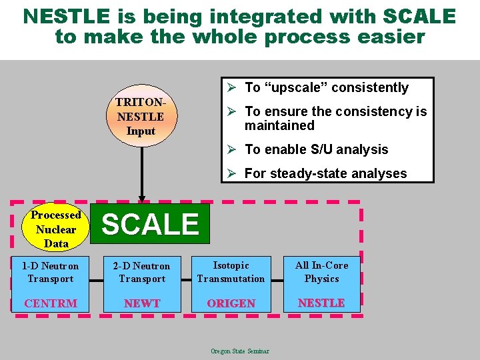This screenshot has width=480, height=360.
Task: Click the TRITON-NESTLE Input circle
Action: tap(141, 117)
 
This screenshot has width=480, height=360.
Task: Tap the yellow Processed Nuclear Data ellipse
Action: tap(56, 229)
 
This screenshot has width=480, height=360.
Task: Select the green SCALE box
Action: tap(151, 224)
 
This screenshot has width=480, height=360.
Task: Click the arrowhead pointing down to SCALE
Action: tap(141, 197)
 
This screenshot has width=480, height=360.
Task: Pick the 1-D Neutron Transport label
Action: tap(50, 272)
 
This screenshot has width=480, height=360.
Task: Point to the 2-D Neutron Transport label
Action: tap(141, 272)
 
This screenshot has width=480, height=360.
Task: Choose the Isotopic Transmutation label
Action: tap(231, 272)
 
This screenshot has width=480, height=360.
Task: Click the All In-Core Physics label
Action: tap(321, 272)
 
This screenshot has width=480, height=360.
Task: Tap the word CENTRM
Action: tap(50, 303)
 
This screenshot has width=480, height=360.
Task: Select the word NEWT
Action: tap(141, 303)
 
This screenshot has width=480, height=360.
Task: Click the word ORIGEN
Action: tap(231, 303)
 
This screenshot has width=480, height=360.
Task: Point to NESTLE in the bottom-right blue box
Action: tap(321, 303)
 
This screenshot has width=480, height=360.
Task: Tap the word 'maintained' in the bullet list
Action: tap(279, 125)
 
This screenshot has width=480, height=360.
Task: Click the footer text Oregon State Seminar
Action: tap(240, 351)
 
